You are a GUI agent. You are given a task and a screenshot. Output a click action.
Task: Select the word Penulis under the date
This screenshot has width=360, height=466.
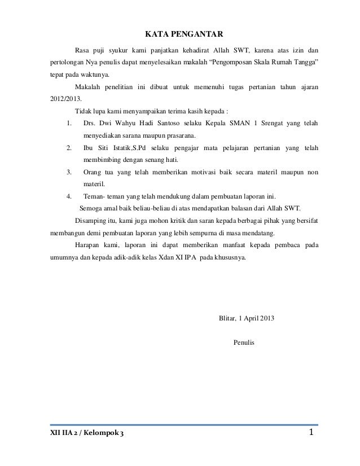point(244,342)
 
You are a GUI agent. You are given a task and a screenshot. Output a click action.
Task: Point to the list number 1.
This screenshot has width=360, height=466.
point(68,124)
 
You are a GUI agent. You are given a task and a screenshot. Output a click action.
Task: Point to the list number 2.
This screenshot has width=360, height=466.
point(68,148)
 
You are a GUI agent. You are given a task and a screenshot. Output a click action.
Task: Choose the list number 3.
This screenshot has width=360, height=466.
point(68,172)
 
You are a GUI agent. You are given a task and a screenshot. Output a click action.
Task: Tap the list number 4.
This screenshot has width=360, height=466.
point(68,197)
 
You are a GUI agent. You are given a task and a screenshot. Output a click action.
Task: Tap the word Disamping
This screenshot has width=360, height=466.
point(90,222)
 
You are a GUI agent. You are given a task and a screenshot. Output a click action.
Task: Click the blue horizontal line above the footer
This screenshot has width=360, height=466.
point(180,425)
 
